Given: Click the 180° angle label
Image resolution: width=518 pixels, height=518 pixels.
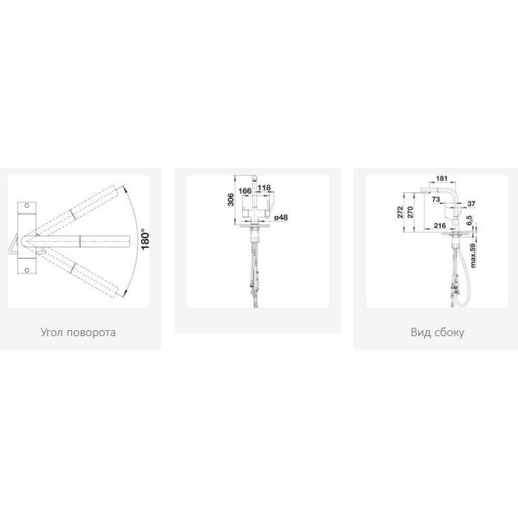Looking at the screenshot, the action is pyautogui.click(x=145, y=239).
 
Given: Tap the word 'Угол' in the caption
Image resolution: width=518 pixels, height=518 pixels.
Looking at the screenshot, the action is pyautogui.click(x=52, y=332).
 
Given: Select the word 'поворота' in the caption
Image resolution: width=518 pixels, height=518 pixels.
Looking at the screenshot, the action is pyautogui.click(x=91, y=333).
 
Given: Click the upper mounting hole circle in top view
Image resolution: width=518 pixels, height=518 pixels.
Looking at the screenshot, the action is pyautogui.click(x=27, y=205).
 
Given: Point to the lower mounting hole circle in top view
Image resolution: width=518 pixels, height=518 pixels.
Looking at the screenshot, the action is pyautogui.click(x=27, y=270).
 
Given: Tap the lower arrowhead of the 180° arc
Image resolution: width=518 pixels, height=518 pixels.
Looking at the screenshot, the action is pyautogui.click(x=124, y=292).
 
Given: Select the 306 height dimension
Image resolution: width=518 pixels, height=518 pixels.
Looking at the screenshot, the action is pyautogui.click(x=231, y=199).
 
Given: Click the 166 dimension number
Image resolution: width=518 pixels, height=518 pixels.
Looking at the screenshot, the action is pyautogui.click(x=245, y=191).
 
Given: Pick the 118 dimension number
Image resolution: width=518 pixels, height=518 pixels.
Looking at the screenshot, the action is pyautogui.click(x=264, y=188).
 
